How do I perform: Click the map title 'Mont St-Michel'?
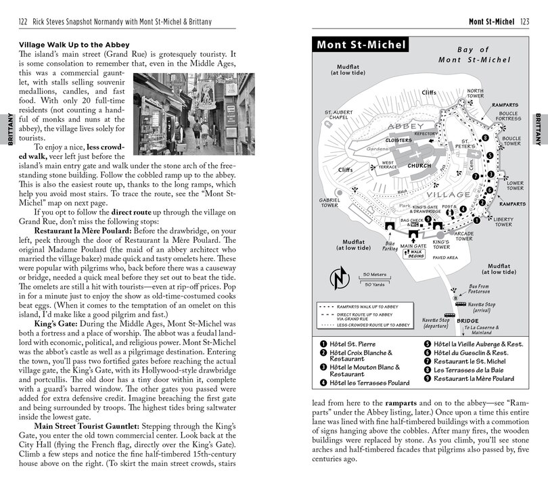(359, 46)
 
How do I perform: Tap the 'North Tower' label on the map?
(475, 93)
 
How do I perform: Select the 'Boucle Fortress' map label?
(508, 116)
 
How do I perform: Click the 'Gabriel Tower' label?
(329, 203)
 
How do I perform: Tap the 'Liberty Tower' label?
(503, 221)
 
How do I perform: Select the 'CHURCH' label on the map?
(419, 166)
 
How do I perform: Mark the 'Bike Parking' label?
(390, 246)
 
